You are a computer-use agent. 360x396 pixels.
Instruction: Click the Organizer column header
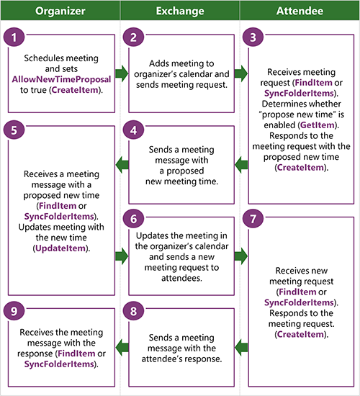point(60,12)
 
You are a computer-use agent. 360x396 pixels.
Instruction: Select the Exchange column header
point(180,12)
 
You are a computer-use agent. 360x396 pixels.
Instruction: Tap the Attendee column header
point(300,12)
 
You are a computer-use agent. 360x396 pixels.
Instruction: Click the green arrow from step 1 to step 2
point(120,73)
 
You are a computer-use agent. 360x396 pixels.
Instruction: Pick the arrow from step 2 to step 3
point(240,73)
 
